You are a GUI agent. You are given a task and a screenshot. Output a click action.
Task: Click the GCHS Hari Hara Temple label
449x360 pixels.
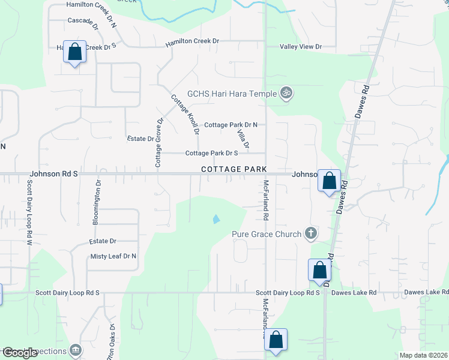tap(232, 93)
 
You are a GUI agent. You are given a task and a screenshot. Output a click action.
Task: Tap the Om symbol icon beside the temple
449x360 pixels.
tap(286, 93)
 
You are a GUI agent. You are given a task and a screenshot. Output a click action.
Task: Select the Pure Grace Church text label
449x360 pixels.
tap(267, 233)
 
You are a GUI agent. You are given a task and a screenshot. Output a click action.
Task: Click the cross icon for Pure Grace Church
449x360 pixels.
tap(310, 233)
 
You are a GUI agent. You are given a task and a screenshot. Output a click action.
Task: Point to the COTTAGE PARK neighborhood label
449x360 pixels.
tap(234, 170)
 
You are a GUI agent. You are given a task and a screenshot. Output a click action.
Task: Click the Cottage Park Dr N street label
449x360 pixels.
tap(231, 125)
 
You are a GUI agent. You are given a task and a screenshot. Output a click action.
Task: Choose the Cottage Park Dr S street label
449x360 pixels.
tap(211, 153)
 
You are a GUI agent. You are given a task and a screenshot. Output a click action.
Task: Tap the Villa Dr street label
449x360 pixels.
tap(243, 139)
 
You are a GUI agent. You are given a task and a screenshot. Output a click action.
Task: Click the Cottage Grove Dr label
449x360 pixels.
tap(159, 142)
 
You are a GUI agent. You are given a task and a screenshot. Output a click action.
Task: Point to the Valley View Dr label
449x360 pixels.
tap(301, 47)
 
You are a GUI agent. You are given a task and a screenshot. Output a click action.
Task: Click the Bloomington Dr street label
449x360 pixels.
tap(96, 203)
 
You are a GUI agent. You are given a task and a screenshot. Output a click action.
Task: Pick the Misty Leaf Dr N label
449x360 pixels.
tap(113, 256)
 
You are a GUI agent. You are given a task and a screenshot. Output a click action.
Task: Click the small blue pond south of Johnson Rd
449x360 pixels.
tap(215, 219)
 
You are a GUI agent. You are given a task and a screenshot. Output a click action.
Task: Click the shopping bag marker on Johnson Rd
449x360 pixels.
tap(329, 180)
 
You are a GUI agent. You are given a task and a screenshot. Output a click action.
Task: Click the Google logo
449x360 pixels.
tap(19, 352)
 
